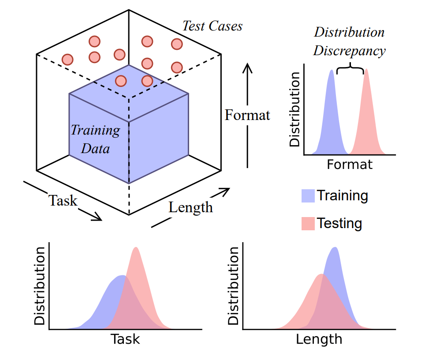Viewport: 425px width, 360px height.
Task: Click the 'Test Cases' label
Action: click(212, 26)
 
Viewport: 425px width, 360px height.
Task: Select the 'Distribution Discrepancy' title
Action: click(349, 41)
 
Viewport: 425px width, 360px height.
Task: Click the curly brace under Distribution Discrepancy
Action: click(350, 69)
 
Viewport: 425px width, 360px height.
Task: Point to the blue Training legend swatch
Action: click(308, 195)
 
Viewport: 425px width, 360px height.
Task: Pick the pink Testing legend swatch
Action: click(308, 223)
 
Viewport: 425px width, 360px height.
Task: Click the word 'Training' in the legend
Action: click(343, 195)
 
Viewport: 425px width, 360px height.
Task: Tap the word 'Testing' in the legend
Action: click(339, 223)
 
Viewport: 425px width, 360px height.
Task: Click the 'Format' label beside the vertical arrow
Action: click(247, 116)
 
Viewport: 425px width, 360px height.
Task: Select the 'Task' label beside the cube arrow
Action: click(63, 201)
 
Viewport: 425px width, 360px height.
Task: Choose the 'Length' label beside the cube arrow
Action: click(190, 207)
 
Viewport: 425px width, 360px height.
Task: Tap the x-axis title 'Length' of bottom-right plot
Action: click(319, 339)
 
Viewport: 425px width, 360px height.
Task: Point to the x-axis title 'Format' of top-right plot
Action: click(350, 165)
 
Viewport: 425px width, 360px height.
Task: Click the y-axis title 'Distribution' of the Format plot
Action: click(295, 109)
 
